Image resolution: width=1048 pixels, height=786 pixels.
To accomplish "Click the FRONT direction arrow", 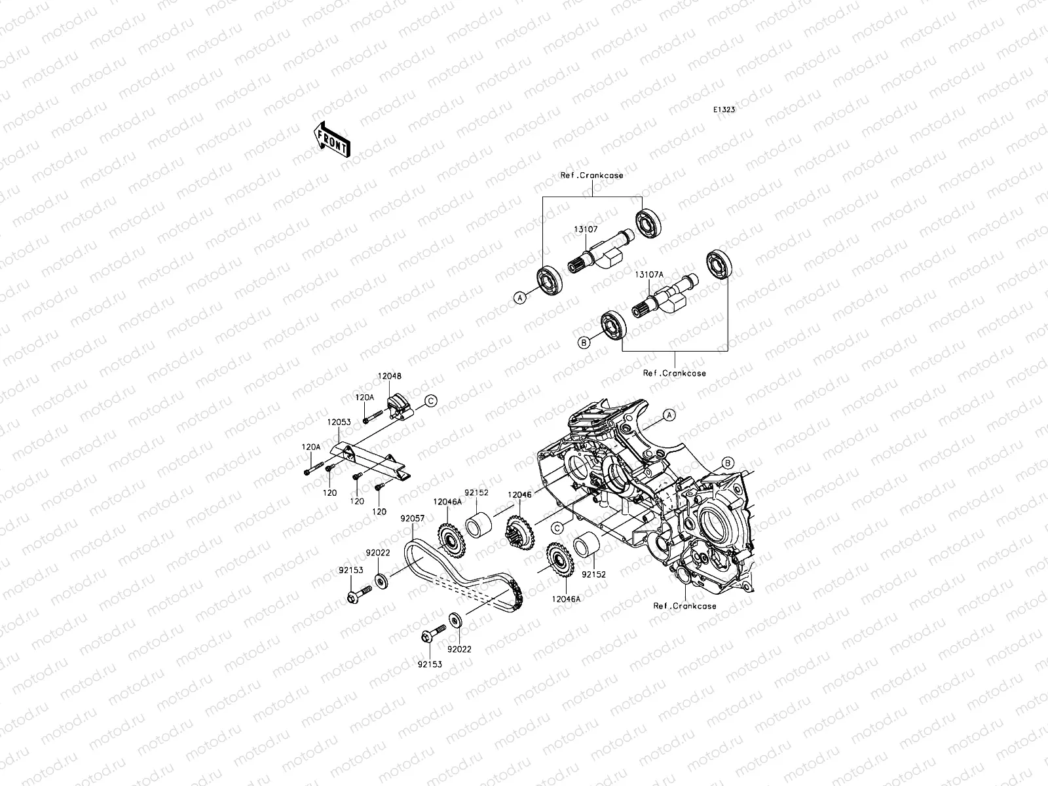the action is (x=332, y=140).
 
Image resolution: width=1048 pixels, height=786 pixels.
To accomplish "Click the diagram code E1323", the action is (x=724, y=110).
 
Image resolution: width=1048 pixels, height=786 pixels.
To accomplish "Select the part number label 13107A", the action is (x=649, y=275).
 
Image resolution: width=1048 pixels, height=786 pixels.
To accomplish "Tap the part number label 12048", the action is (x=390, y=376).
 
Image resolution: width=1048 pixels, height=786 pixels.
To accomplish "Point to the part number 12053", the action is (x=339, y=422).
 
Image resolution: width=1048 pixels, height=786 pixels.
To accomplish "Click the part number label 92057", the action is (x=413, y=518).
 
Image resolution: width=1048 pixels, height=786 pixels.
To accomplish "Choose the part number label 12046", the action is (x=519, y=495).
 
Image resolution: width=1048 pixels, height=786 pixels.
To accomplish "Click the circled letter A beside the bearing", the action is (x=520, y=298).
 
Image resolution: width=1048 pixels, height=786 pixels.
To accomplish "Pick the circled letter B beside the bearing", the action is (x=584, y=343).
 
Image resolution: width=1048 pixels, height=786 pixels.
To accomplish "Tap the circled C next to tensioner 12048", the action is (x=430, y=401).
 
